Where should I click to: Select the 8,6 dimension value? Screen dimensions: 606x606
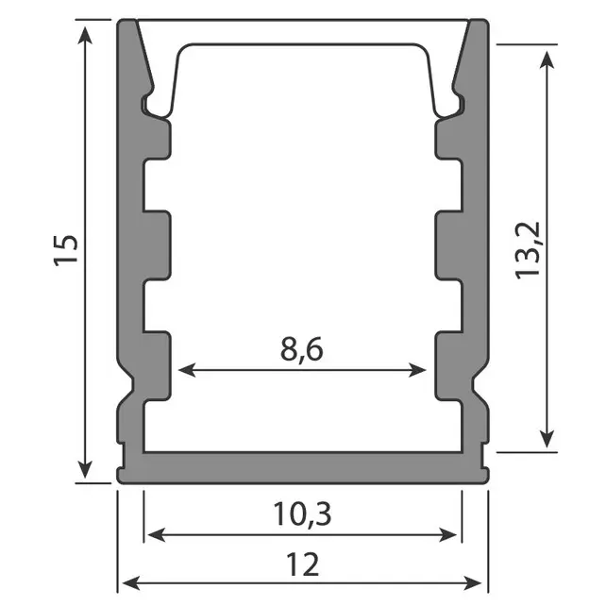pos(302,349)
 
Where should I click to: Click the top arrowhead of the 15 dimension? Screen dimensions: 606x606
pos(88,34)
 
